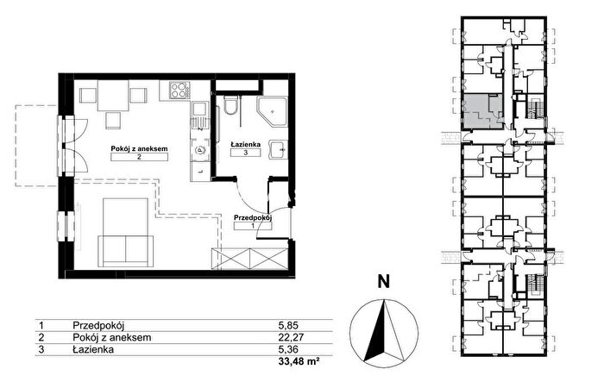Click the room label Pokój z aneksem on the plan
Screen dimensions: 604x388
(139, 148)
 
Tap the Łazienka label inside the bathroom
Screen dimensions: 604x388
(245, 144)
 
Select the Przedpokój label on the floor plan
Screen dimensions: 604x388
(253, 217)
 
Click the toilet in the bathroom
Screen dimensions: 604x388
(231, 106)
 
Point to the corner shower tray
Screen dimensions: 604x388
(273, 111)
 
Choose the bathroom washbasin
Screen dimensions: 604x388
(277, 149)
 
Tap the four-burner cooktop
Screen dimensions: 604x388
(180, 91)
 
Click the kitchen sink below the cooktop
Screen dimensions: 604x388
(199, 115)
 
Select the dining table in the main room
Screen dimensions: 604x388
(113, 96)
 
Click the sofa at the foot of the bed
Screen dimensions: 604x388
(126, 252)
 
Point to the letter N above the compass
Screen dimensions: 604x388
(384, 281)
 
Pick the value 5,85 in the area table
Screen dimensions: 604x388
(288, 325)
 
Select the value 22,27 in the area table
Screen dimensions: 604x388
(292, 338)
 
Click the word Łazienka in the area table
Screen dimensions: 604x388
(93, 349)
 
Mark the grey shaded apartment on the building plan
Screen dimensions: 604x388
(482, 111)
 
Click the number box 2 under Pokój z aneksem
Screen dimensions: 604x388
(139, 157)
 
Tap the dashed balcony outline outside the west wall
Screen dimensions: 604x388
(36, 146)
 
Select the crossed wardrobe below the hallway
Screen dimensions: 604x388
(250, 259)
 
